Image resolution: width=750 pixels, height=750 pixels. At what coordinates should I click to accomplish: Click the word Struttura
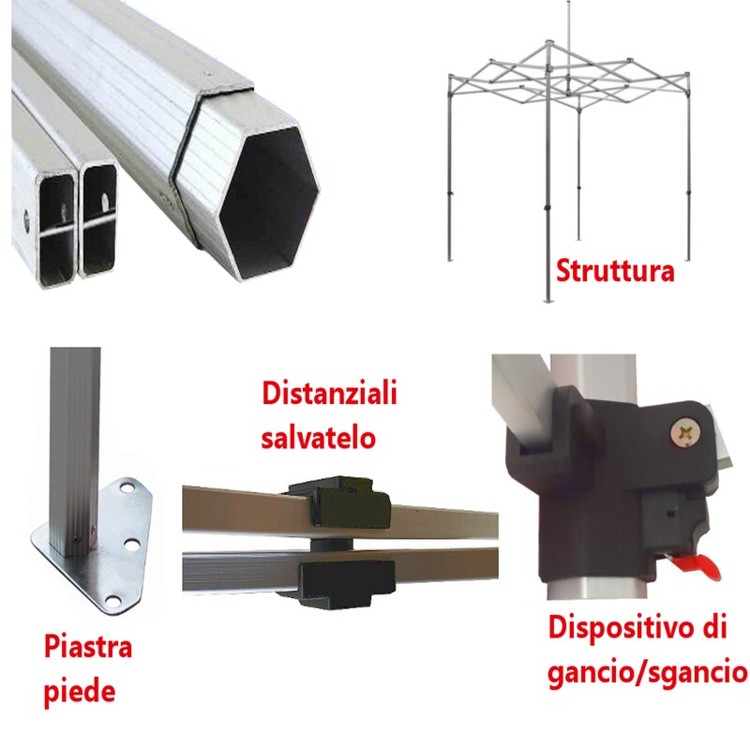[x=615, y=271]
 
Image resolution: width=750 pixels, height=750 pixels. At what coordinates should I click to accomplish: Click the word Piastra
[x=88, y=647]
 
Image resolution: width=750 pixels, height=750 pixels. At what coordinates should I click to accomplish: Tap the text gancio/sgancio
[x=647, y=671]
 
